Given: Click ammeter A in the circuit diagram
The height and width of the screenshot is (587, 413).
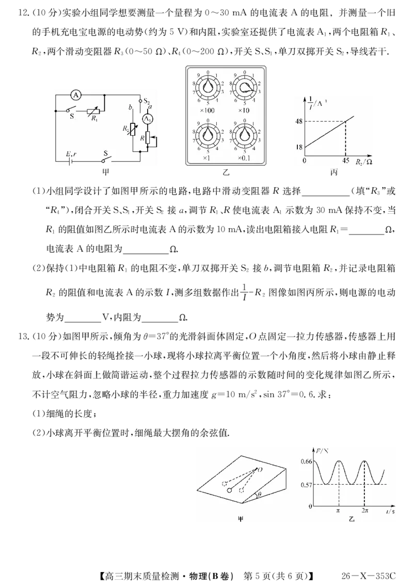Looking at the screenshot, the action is click(x=76, y=95).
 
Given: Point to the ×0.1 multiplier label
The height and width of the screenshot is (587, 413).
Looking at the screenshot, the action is click(x=244, y=158).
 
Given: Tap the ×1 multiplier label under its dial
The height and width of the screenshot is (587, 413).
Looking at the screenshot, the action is click(x=206, y=158).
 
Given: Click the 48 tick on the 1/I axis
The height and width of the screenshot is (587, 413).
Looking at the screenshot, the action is click(x=299, y=121).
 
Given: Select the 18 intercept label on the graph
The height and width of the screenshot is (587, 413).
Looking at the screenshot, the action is click(x=299, y=147).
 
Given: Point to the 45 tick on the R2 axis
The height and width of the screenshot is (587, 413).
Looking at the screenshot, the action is click(x=346, y=161).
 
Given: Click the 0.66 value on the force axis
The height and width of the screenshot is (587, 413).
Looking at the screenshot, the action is click(x=306, y=461).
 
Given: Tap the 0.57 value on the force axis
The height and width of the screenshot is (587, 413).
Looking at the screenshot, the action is click(x=306, y=485).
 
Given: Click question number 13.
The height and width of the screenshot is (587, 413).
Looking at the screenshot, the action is click(x=23, y=336).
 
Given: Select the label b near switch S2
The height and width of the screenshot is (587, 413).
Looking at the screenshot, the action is click(x=131, y=107).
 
